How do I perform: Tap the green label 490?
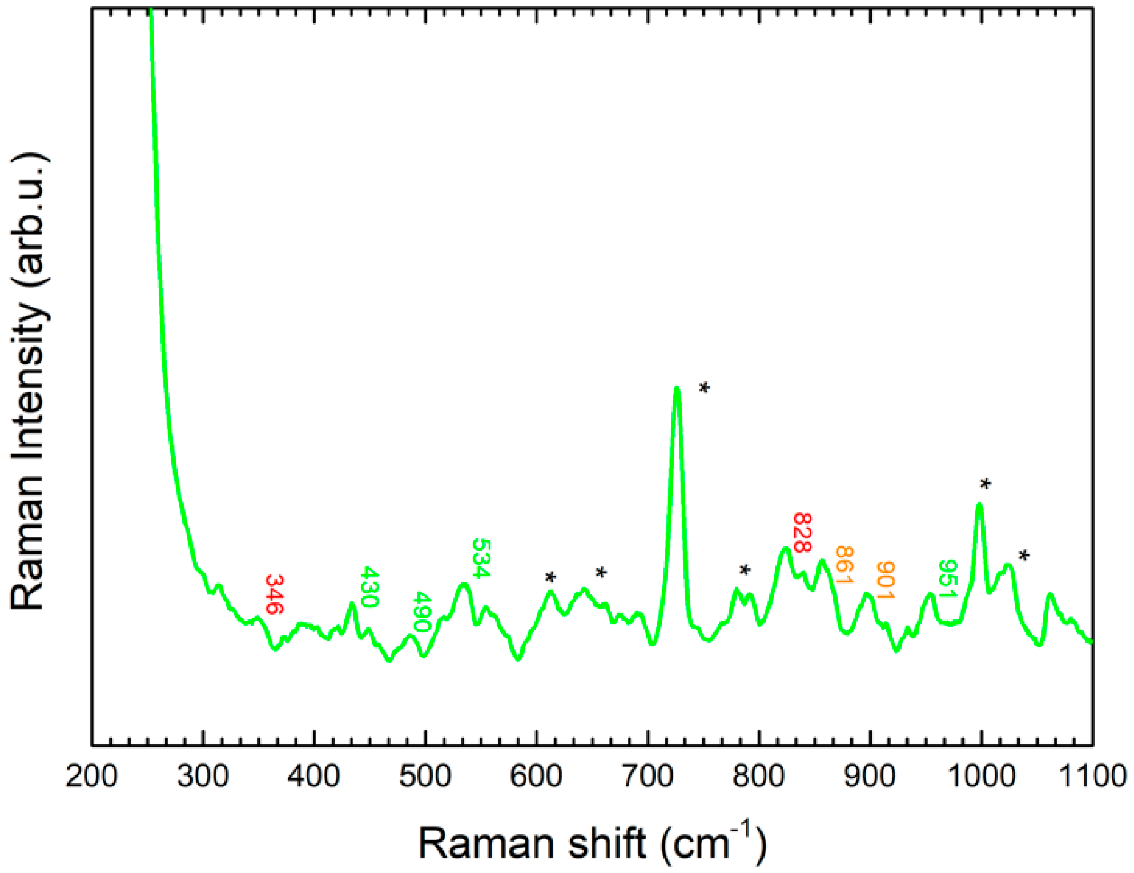pyautogui.click(x=423, y=611)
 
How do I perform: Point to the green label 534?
pyautogui.click(x=481, y=558)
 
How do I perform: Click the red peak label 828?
pyautogui.click(x=802, y=533)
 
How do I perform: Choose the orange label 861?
pyautogui.click(x=844, y=565)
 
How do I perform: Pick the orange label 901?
pyautogui.click(x=885, y=580)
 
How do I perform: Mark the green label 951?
pyautogui.click(x=947, y=580)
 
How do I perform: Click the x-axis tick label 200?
pyautogui.click(x=91, y=777)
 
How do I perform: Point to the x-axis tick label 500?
pyautogui.click(x=425, y=777)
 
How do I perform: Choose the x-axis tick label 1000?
pyautogui.click(x=981, y=777)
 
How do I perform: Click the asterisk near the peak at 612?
pyautogui.click(x=550, y=577)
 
